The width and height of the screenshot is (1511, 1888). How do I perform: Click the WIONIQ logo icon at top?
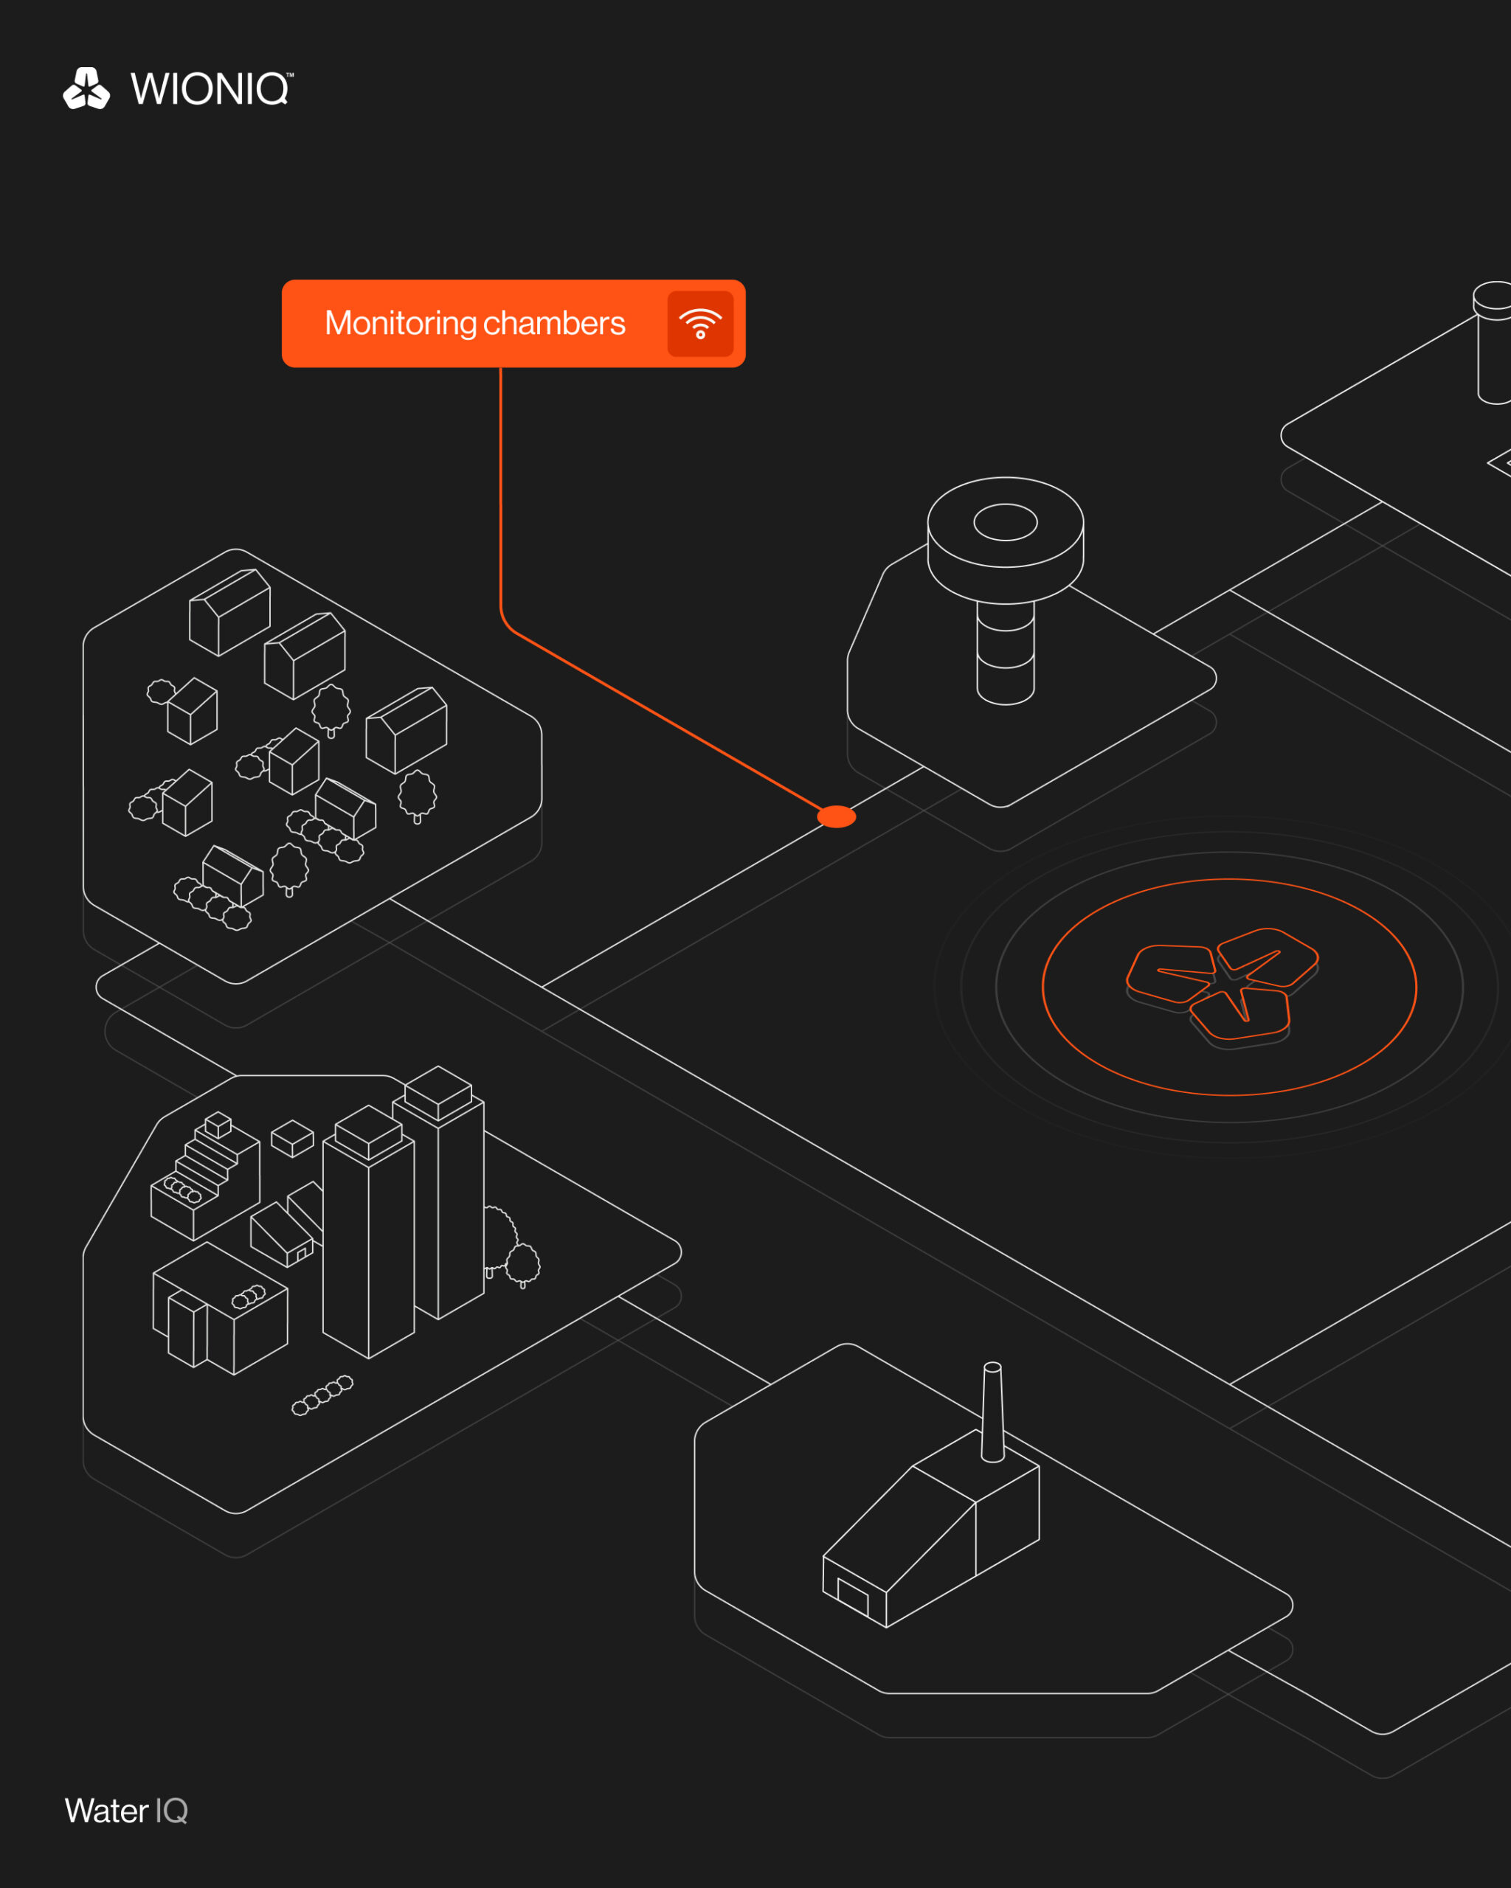86,88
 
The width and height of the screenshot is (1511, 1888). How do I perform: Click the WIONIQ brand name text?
210,89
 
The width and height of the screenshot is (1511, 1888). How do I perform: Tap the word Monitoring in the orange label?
401,323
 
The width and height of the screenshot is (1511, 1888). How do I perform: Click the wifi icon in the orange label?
700,323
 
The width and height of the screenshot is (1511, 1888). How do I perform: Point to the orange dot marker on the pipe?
837,816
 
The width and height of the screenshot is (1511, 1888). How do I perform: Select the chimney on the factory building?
992,1412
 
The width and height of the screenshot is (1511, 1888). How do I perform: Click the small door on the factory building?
852,1595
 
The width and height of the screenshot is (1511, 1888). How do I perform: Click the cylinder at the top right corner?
1493,341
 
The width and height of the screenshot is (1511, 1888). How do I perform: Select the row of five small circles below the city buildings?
322,1395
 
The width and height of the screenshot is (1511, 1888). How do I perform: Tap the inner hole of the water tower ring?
1006,522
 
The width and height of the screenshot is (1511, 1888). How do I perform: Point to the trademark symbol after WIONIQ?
290,75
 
